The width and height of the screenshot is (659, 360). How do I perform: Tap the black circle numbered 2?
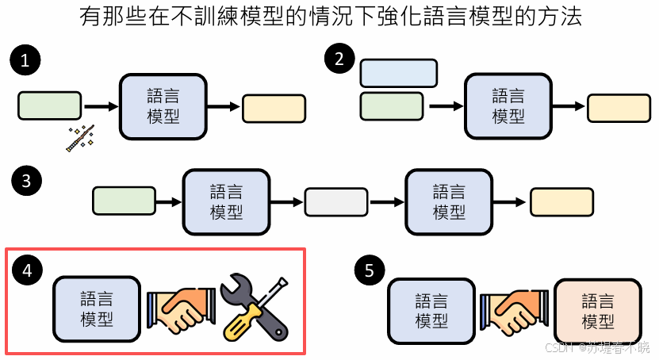(x=341, y=59)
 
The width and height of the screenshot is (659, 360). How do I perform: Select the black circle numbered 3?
(x=26, y=181)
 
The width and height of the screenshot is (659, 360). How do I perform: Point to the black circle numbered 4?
(x=28, y=270)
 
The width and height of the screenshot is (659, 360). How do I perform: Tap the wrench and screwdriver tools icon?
(x=253, y=306)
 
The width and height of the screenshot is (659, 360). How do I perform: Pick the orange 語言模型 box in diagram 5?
(x=598, y=310)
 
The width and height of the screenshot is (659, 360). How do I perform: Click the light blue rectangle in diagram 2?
(x=398, y=72)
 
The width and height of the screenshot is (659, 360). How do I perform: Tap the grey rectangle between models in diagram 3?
(x=336, y=202)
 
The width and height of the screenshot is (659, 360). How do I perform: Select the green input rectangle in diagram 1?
(x=49, y=105)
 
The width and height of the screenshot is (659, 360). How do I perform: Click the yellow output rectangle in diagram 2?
(x=619, y=108)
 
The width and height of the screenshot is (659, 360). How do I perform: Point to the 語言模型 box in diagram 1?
(x=163, y=106)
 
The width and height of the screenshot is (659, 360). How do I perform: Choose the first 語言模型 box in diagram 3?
(x=227, y=202)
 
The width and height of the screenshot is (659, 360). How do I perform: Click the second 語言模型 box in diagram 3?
(x=449, y=202)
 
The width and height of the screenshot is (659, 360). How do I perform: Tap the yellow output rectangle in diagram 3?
(x=561, y=202)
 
